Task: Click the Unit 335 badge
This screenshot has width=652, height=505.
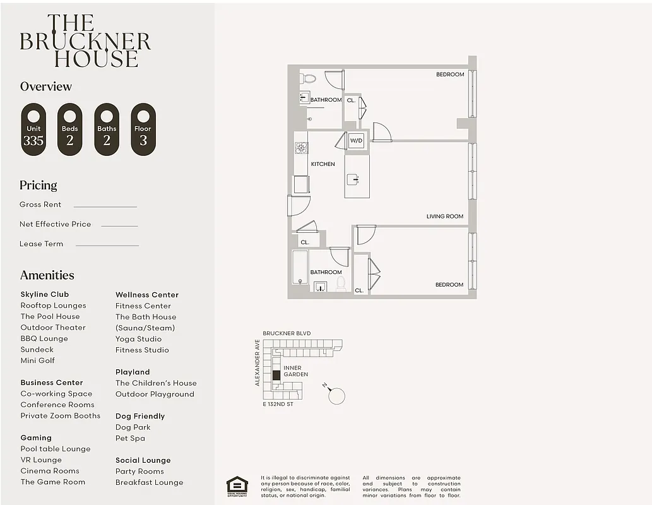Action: [33, 129]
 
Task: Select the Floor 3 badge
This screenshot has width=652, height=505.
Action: [143, 129]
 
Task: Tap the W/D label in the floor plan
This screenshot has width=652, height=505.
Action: [356, 141]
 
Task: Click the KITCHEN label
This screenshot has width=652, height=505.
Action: [323, 164]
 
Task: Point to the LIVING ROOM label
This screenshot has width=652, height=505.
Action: [444, 217]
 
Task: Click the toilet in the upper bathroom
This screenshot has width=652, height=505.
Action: [309, 79]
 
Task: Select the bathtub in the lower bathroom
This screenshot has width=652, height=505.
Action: [300, 268]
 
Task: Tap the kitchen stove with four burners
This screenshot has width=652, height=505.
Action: [301, 148]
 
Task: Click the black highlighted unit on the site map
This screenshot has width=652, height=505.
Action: [276, 375]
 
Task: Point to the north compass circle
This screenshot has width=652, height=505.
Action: [337, 396]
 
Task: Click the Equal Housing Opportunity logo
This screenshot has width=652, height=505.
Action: [237, 487]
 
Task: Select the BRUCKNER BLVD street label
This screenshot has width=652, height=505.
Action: [287, 333]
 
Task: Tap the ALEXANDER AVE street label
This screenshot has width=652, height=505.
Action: [258, 363]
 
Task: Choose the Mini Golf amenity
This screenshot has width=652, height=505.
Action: [37, 360]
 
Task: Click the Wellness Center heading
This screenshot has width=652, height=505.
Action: [146, 295]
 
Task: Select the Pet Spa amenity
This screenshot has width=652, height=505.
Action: [130, 438]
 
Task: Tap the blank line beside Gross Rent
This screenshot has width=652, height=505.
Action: [105, 206]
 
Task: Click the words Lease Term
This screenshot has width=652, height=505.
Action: [41, 244]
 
